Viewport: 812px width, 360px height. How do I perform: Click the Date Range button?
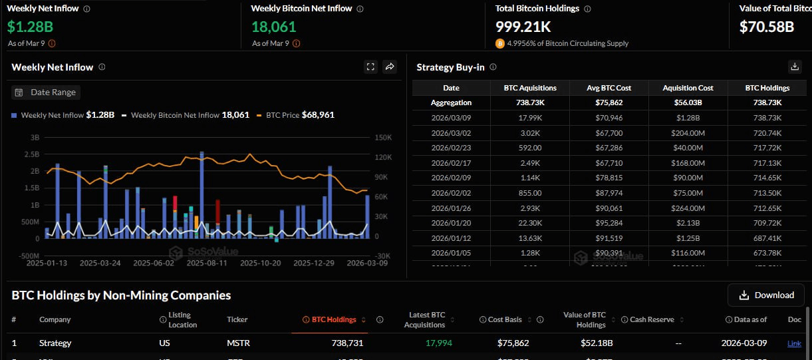46,92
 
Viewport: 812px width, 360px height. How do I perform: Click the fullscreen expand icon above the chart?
370,67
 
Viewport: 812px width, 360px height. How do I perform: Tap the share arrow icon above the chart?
390,67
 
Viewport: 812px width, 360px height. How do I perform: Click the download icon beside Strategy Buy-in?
794,67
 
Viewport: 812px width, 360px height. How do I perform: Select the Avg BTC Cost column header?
610,88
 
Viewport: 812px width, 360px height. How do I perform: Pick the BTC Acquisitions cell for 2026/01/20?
530,223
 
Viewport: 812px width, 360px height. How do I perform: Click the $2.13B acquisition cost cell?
688,223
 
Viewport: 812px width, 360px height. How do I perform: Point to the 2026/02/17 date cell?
451,163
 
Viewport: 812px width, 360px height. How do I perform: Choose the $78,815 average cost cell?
610,178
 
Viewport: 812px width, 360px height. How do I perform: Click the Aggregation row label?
451,102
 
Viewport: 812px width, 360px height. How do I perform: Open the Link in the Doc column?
794,343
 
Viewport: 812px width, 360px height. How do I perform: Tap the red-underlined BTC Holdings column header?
334,319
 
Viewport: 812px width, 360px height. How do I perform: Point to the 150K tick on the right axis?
383,137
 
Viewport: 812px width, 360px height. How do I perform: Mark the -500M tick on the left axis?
27,256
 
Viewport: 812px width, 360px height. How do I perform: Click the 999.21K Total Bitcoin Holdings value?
523,27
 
